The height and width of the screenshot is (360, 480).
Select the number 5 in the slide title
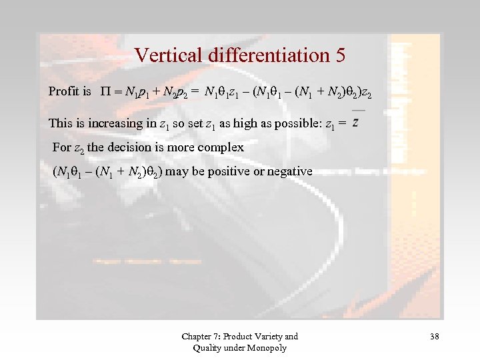click(x=339, y=55)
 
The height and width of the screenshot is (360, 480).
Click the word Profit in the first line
click(x=63, y=91)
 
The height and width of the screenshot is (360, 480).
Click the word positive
click(x=225, y=171)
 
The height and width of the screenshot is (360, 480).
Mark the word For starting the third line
click(x=61, y=147)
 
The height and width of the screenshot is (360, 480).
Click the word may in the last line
click(x=175, y=171)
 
